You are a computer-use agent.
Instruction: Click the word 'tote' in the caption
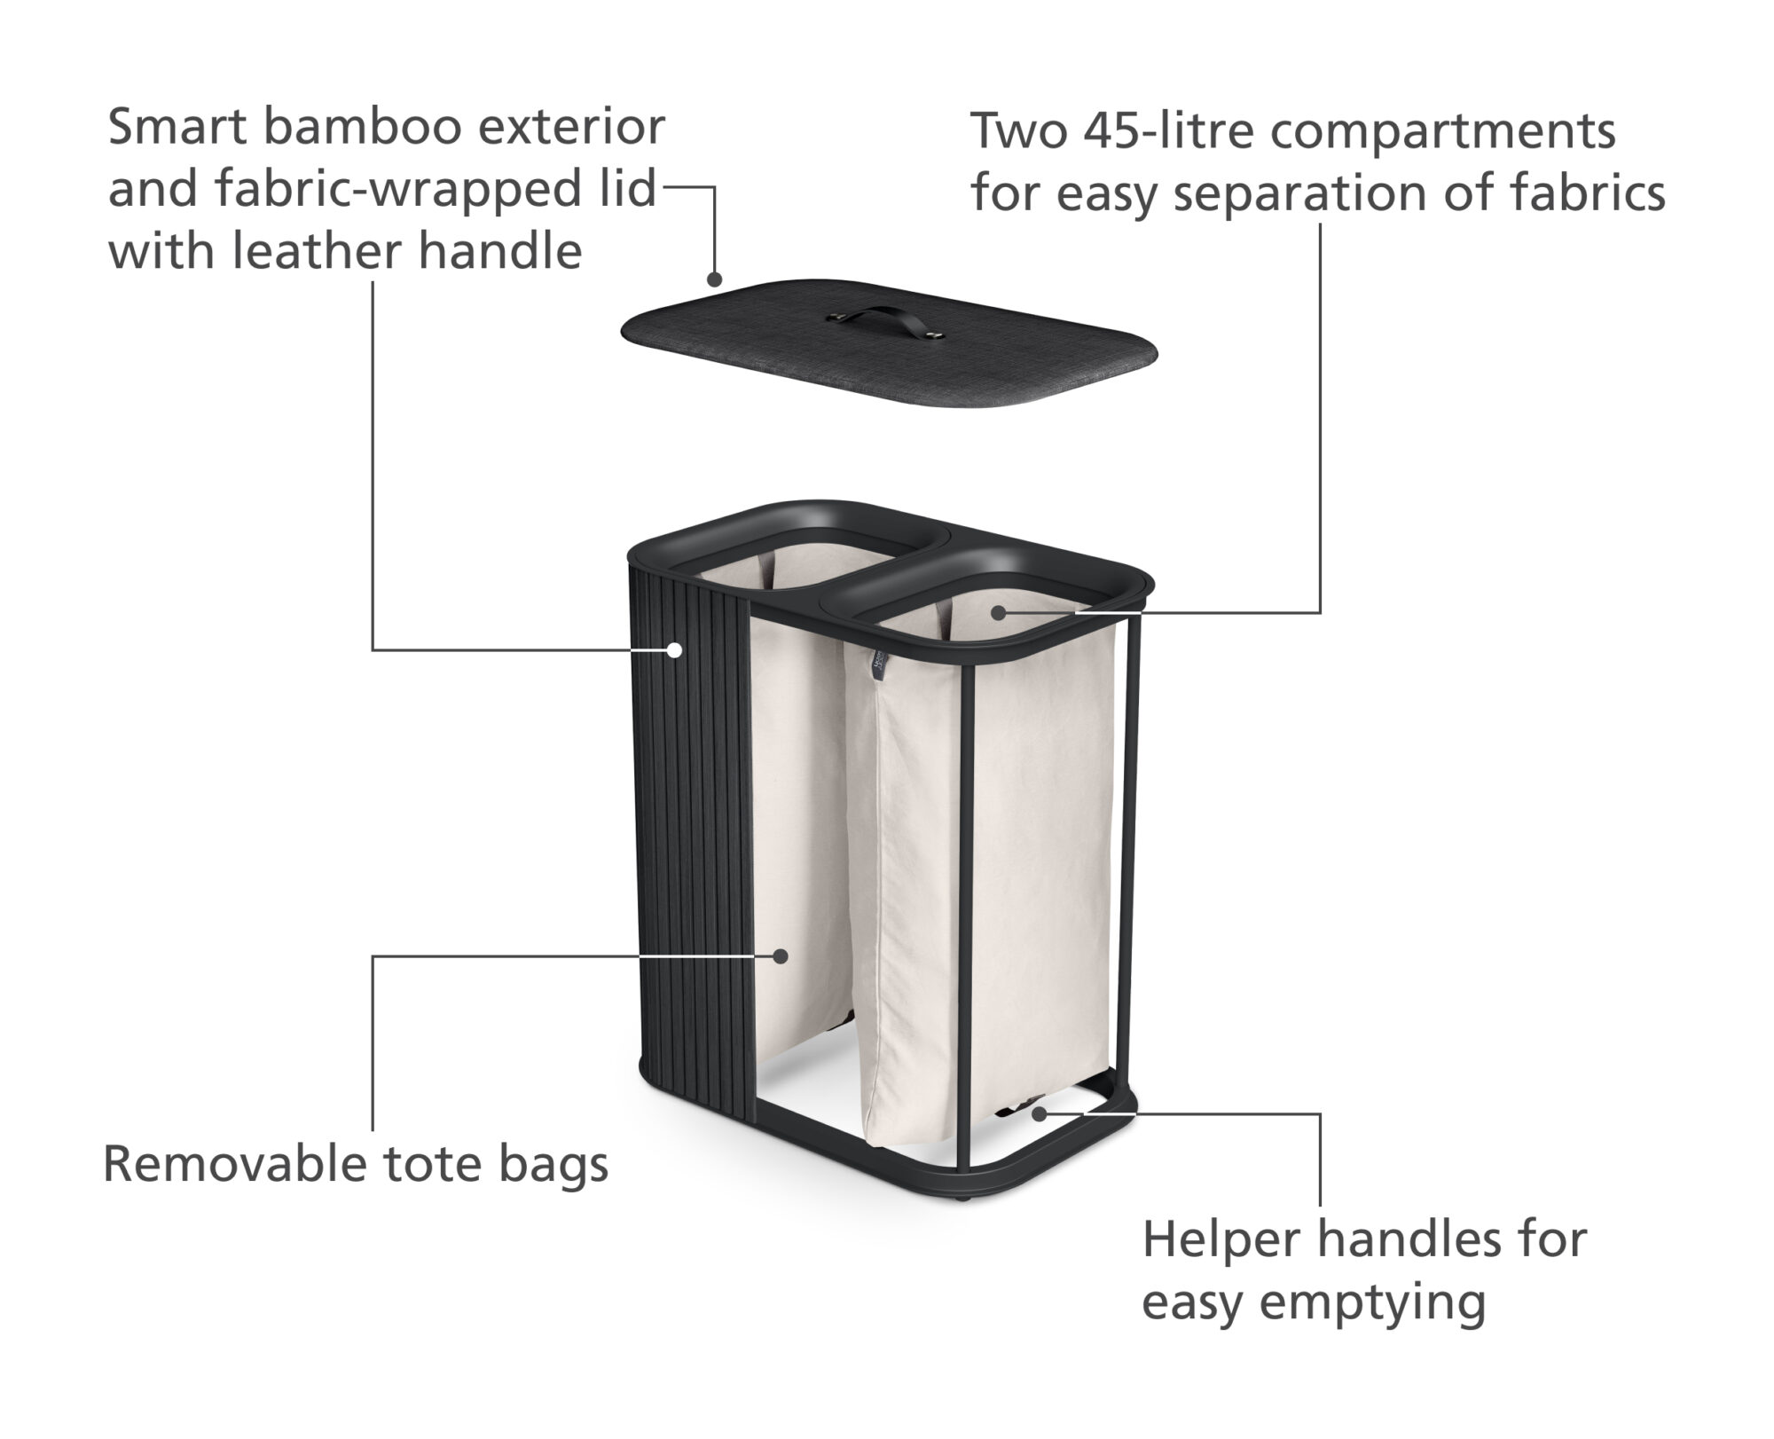point(431,1165)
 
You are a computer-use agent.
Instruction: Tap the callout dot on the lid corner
point(715,279)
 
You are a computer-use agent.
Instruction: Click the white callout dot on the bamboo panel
point(674,650)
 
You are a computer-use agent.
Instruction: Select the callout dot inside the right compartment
point(999,612)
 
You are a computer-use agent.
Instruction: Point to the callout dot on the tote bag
point(780,956)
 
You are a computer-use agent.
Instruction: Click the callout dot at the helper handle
point(1037,1113)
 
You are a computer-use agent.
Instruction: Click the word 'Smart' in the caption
point(177,127)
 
